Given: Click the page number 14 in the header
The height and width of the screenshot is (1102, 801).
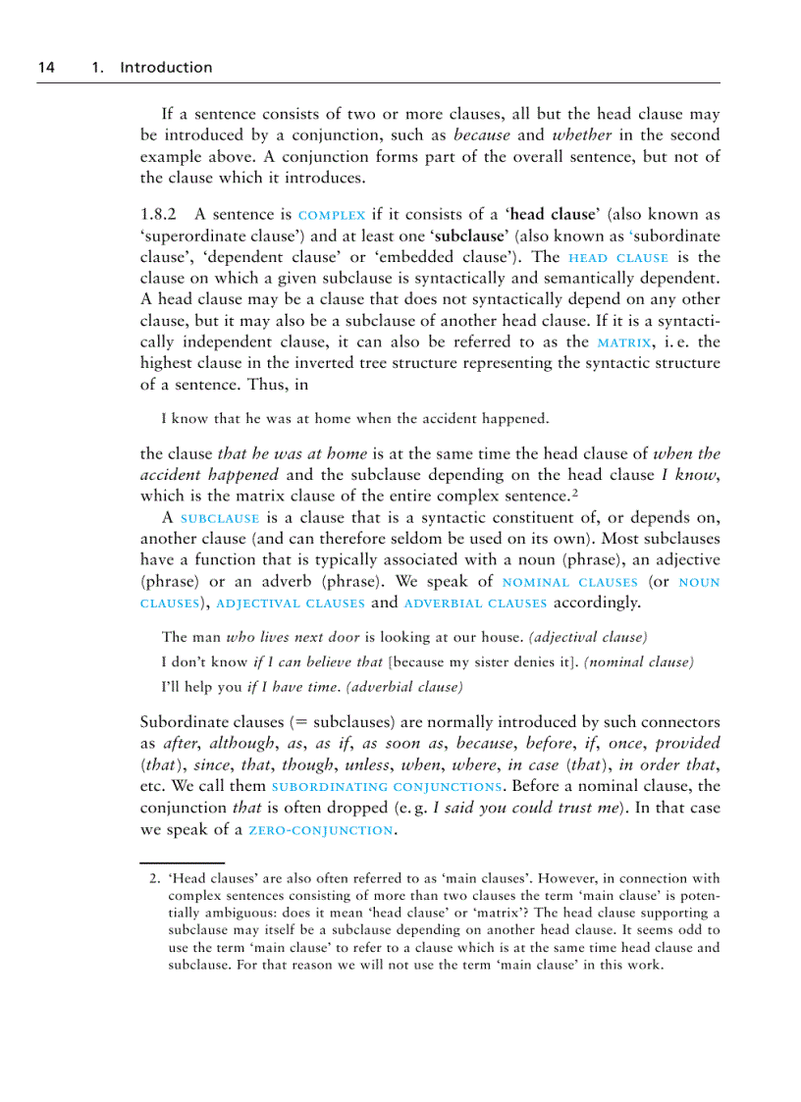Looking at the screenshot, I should coord(45,68).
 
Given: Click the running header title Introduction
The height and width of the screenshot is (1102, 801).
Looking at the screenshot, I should coord(165,68).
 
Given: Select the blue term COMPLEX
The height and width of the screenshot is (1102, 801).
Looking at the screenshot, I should coord(332,215).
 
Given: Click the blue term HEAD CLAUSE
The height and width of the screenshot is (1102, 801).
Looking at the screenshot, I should coord(618,258).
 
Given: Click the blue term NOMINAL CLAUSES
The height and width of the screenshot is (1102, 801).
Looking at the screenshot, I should coord(569,582).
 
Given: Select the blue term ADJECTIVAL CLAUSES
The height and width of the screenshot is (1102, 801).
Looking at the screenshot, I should coord(290,603).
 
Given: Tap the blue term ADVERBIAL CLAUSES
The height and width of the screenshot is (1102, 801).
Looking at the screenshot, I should coord(476,603).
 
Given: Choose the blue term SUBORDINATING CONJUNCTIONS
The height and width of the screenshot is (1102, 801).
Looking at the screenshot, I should coord(387,787).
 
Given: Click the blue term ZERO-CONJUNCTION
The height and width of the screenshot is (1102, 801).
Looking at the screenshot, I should coord(320,830).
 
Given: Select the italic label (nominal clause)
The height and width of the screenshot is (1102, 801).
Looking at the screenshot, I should coord(639,662).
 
